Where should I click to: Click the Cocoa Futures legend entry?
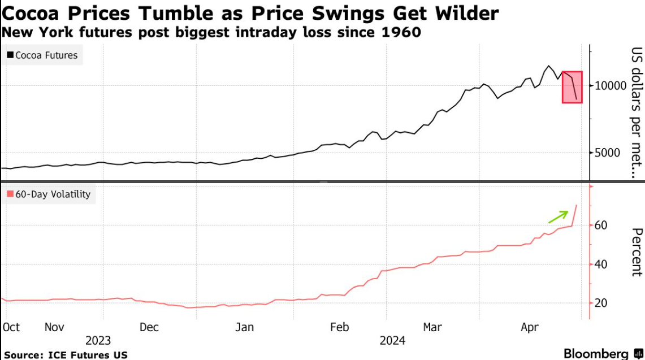(x=42, y=55)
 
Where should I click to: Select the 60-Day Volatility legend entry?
(x=49, y=194)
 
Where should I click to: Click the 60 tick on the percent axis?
(x=601, y=225)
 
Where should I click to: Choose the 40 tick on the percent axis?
(x=601, y=264)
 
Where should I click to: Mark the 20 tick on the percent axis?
(x=601, y=303)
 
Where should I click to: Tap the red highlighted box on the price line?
(x=572, y=87)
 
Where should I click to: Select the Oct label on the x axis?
(x=11, y=327)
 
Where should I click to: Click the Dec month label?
(x=149, y=327)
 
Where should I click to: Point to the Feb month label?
(x=339, y=327)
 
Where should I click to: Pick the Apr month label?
(x=530, y=327)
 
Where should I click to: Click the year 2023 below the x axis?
(x=98, y=340)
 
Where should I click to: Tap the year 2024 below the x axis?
(x=392, y=340)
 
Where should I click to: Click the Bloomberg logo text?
(x=595, y=353)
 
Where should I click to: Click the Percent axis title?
(x=637, y=252)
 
